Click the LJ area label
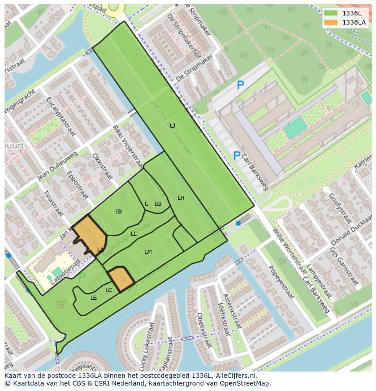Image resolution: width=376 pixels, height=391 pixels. [x=173, y=125]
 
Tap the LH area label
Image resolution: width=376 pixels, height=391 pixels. [x=181, y=198]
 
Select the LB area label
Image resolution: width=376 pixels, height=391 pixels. [x=119, y=212]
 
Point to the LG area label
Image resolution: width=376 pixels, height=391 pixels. [x=158, y=204]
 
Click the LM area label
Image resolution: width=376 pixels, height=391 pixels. [x=148, y=252]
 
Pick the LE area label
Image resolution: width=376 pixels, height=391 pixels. [x=94, y=298]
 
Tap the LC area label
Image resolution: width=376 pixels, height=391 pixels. [x=109, y=290]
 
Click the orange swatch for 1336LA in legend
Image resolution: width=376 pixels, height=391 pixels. [x=331, y=22]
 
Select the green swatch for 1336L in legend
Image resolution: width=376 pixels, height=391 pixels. [x=331, y=13]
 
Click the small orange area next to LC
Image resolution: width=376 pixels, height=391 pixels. [x=120, y=278]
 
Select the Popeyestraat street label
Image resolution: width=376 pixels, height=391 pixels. [x=281, y=282]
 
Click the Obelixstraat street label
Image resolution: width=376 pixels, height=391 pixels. [x=204, y=330]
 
